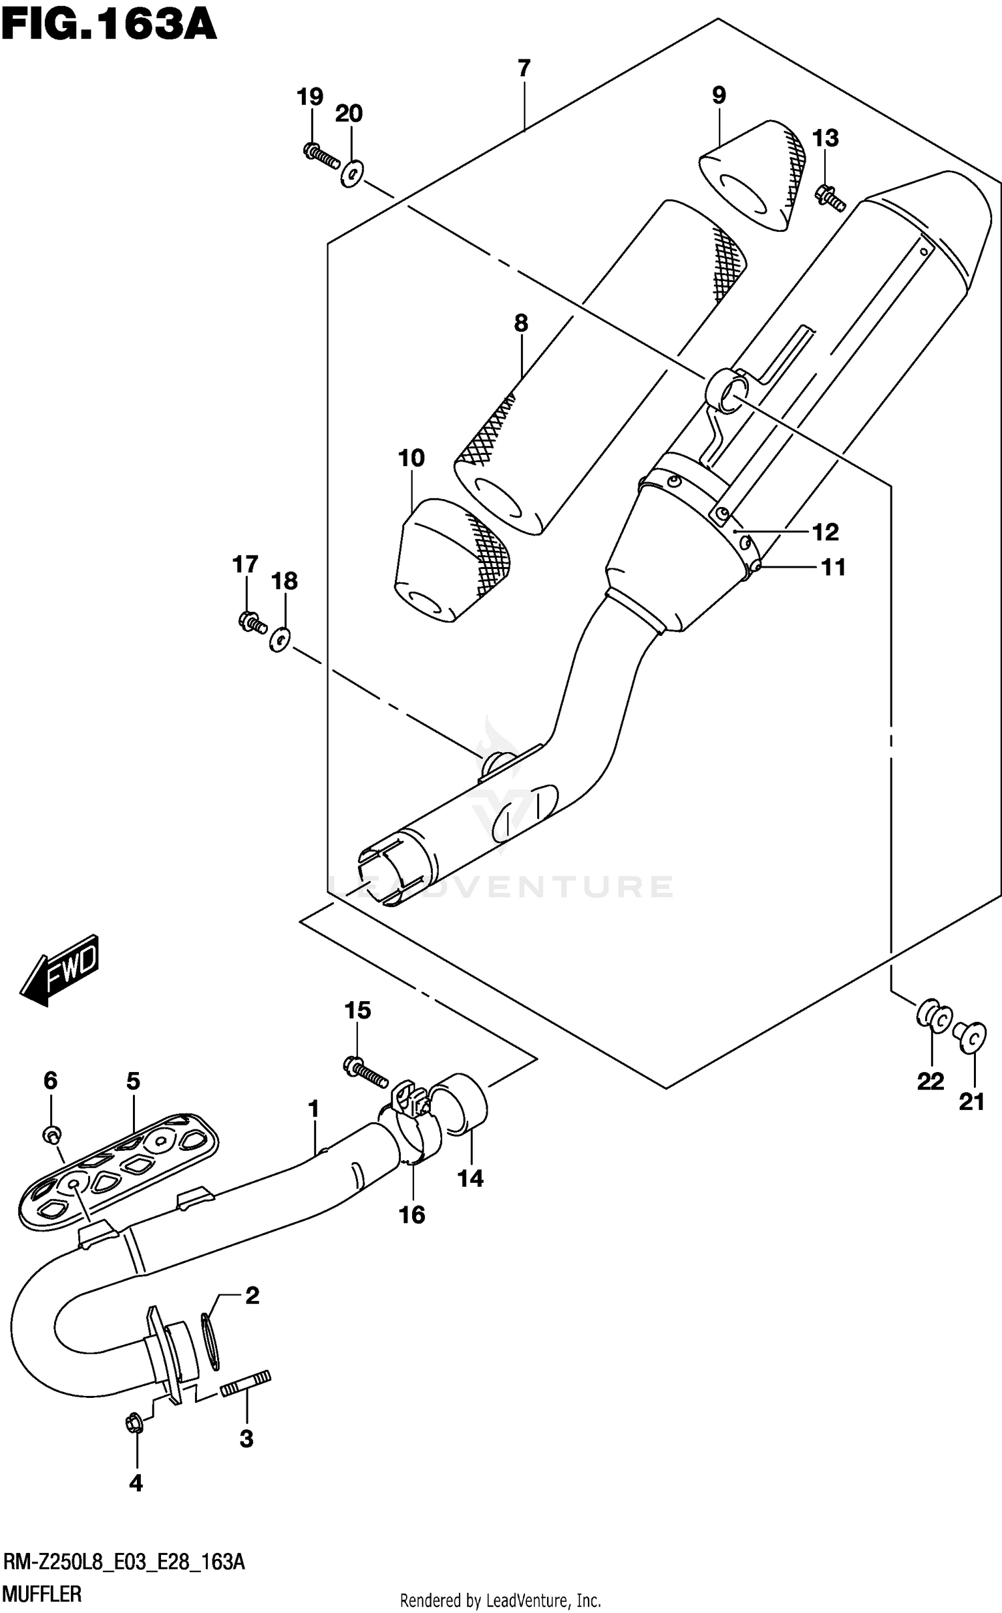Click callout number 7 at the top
tap(524, 68)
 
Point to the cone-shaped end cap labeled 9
tap(751, 175)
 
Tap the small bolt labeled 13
tap(829, 198)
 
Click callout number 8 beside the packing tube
tap(521, 323)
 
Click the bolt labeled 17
tap(252, 623)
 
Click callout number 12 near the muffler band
tap(826, 532)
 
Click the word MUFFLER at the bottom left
tap(43, 1594)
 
